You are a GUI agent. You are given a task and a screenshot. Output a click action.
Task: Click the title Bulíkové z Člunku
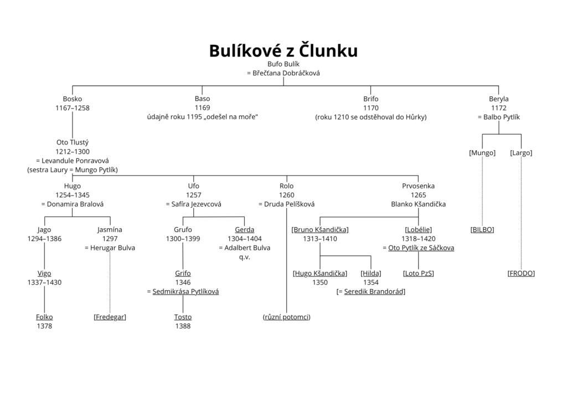click(283, 50)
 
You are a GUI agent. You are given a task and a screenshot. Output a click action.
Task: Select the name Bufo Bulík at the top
click(283, 64)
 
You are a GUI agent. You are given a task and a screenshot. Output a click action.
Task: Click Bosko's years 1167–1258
click(72, 108)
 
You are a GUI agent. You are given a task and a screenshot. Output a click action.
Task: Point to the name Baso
click(202, 99)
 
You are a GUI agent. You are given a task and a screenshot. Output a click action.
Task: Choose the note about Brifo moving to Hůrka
click(371, 117)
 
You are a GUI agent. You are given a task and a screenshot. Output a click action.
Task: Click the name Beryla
click(498, 99)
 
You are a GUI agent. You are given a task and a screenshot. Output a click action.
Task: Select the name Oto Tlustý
click(72, 142)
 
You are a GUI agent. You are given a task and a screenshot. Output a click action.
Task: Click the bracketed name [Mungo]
click(482, 153)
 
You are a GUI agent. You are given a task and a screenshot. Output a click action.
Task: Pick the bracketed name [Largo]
click(520, 153)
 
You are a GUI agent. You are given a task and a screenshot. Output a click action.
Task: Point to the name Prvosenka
click(418, 186)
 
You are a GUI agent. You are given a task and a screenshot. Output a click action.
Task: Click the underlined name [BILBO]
click(482, 229)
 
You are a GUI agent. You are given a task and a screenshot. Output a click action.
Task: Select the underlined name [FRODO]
click(520, 273)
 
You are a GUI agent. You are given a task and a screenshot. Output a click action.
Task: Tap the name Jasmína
click(110, 229)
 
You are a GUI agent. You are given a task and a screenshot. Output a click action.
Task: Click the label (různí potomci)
click(286, 317)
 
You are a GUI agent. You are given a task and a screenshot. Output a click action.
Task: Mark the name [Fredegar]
click(110, 317)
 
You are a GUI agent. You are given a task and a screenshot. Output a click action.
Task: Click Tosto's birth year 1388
click(183, 326)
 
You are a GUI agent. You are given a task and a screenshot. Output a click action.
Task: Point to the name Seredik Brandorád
click(374, 291)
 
